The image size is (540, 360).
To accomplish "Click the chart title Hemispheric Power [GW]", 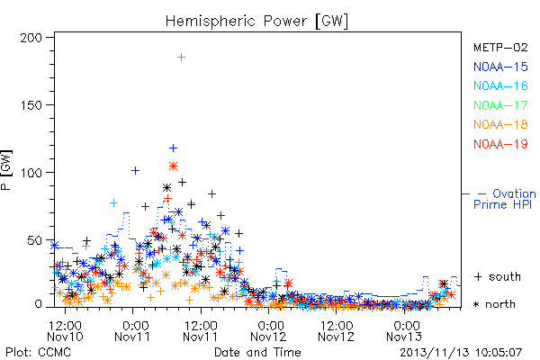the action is [x=256, y=21].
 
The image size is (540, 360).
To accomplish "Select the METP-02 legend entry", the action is [x=500, y=47].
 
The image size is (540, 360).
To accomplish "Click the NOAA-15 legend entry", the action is [x=500, y=67].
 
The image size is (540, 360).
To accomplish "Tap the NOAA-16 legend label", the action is [x=500, y=85].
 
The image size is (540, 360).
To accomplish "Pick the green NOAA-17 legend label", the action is [x=500, y=105].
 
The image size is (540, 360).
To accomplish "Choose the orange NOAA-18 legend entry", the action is [x=500, y=124].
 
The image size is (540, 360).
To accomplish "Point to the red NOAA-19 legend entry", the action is [x=500, y=144].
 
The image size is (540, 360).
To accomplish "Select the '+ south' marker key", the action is [x=498, y=276].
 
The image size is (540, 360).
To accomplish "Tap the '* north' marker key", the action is [x=494, y=304].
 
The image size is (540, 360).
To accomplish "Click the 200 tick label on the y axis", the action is [x=31, y=38].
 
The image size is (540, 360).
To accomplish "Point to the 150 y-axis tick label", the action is [x=31, y=105].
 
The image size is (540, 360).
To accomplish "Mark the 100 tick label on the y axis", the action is [x=31, y=173].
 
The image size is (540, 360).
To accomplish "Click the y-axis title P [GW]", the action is [x=6, y=170].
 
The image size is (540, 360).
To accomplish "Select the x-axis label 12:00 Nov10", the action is [x=65, y=331].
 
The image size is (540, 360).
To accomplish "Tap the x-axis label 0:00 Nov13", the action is [x=404, y=331].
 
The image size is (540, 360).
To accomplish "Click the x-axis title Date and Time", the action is [x=257, y=352].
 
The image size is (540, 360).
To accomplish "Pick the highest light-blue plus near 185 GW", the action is [x=181, y=58].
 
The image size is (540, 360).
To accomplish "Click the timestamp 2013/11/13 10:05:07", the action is [x=461, y=353].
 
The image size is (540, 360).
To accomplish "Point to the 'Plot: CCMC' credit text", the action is [x=38, y=352].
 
